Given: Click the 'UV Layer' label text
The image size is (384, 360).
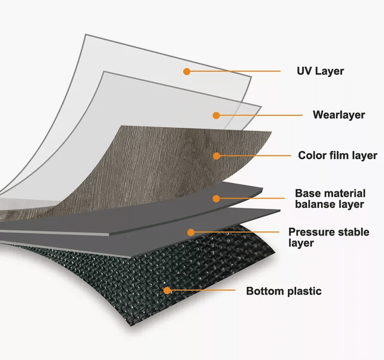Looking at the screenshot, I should [320, 71].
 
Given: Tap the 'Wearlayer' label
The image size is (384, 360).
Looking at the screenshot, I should [338, 115].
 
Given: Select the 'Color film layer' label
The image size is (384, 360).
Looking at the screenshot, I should [337, 156].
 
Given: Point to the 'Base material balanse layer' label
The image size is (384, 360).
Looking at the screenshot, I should [330, 199].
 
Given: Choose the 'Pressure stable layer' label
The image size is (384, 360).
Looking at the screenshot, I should [328, 237].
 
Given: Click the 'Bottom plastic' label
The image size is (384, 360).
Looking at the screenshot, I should [284, 291].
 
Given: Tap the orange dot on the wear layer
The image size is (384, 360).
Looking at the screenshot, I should [216, 115].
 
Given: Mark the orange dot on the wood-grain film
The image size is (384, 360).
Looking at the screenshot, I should [216, 156].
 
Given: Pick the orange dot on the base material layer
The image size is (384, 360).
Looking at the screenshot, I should [216, 198].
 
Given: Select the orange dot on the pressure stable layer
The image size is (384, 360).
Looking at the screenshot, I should [191, 232].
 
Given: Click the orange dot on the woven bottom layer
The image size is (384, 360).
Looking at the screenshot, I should [167, 290].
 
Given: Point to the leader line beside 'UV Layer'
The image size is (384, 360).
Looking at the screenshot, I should [235, 72].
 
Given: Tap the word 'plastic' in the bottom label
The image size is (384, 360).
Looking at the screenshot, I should [303, 291].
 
